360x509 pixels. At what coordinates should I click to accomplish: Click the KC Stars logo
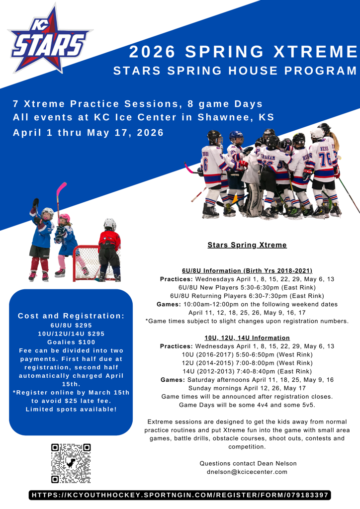click(50, 39)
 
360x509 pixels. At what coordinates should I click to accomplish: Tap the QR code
click(71, 463)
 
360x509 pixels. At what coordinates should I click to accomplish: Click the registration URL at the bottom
click(180, 495)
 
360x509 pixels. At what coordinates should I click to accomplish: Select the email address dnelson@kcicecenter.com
click(247, 472)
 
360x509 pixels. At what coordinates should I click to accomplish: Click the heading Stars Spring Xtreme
click(247, 245)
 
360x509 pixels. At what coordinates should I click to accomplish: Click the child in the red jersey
click(109, 250)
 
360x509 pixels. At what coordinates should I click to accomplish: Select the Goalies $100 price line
click(71, 342)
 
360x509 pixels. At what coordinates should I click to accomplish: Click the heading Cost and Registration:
click(71, 316)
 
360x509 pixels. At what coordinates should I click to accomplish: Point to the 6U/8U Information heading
click(247, 271)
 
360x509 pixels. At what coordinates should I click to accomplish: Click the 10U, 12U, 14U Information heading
click(247, 338)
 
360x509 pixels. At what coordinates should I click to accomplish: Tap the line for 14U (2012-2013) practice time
click(247, 371)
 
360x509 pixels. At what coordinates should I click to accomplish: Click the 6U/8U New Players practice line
click(247, 287)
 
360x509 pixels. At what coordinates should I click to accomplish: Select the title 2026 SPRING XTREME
click(244, 52)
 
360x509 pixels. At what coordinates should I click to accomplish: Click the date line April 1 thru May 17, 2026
click(88, 133)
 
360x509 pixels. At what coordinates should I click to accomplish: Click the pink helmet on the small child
click(65, 218)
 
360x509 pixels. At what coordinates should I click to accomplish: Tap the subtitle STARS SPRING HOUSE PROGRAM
click(235, 71)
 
